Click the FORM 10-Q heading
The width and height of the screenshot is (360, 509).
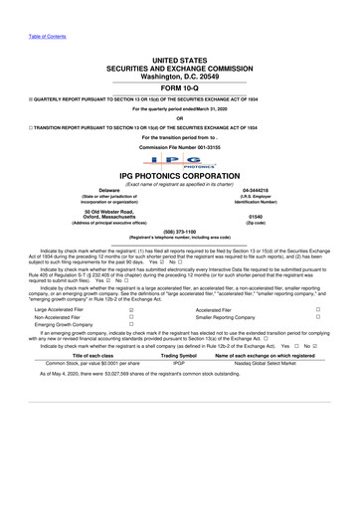[x=179, y=85]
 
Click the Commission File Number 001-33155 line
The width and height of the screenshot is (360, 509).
[x=179, y=147]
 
